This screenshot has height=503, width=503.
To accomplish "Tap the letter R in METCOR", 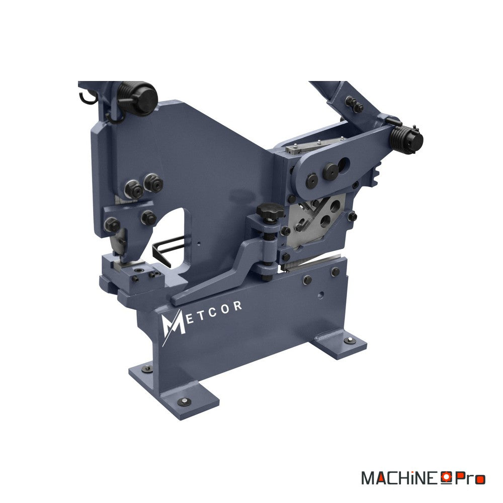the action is click(237, 306).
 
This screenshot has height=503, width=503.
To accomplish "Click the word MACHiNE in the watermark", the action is click(399, 478).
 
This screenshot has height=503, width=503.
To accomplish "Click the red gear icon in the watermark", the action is click(446, 477).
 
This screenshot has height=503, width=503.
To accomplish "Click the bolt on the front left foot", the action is click(184, 401).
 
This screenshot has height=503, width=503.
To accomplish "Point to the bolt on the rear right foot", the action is click(350, 341).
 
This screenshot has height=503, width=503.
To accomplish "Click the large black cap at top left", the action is click(143, 98).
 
